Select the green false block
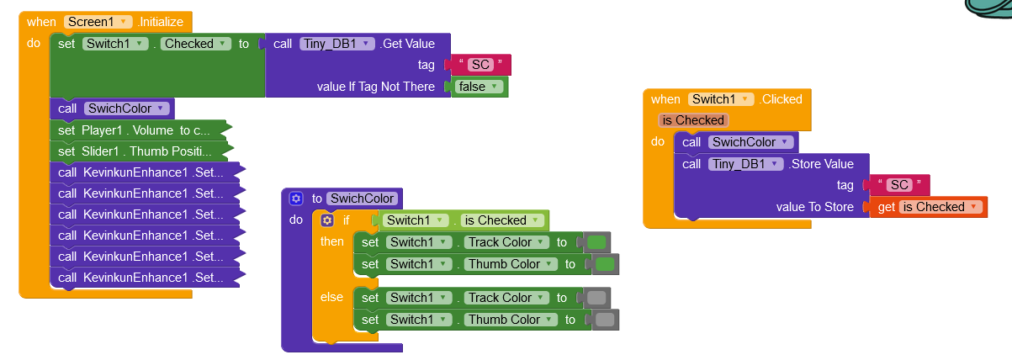click(479, 87)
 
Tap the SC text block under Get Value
click(480, 65)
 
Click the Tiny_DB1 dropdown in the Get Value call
click(336, 44)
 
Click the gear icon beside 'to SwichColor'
click(295, 199)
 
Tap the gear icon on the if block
click(327, 220)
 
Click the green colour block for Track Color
click(596, 243)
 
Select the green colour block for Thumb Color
click(605, 264)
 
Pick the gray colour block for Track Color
click(596, 298)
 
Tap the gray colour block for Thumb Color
click(605, 320)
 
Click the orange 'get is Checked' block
click(929, 207)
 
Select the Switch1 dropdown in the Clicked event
click(721, 99)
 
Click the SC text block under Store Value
click(900, 185)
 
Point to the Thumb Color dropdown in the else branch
click(511, 320)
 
